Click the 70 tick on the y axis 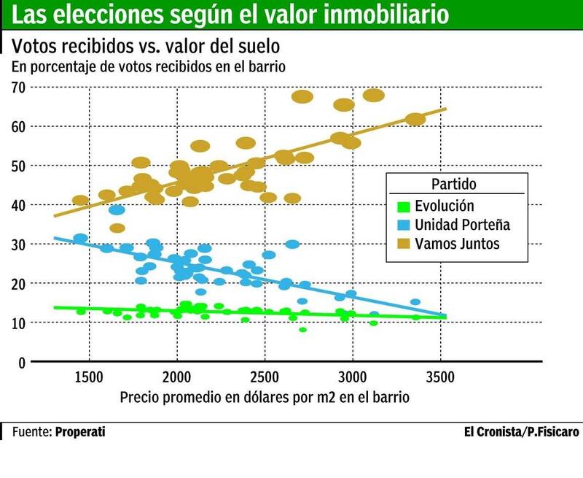click(18, 88)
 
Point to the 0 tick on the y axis click(21, 362)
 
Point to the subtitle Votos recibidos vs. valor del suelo click(146, 47)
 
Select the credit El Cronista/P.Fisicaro click(522, 432)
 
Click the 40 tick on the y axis click(18, 205)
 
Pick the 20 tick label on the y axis click(18, 283)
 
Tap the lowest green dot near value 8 click(302, 330)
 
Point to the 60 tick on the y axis click(18, 126)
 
